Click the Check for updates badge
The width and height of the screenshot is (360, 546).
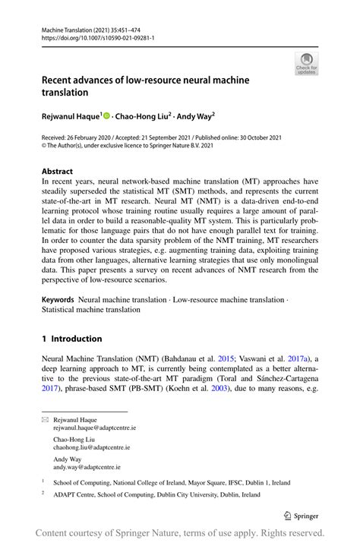pyautogui.click(x=307, y=64)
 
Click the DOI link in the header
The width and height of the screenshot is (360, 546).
pyautogui.click(x=91, y=36)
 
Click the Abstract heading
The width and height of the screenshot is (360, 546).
pyautogui.click(x=58, y=172)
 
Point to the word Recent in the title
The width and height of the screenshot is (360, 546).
pyautogui.click(x=60, y=80)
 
